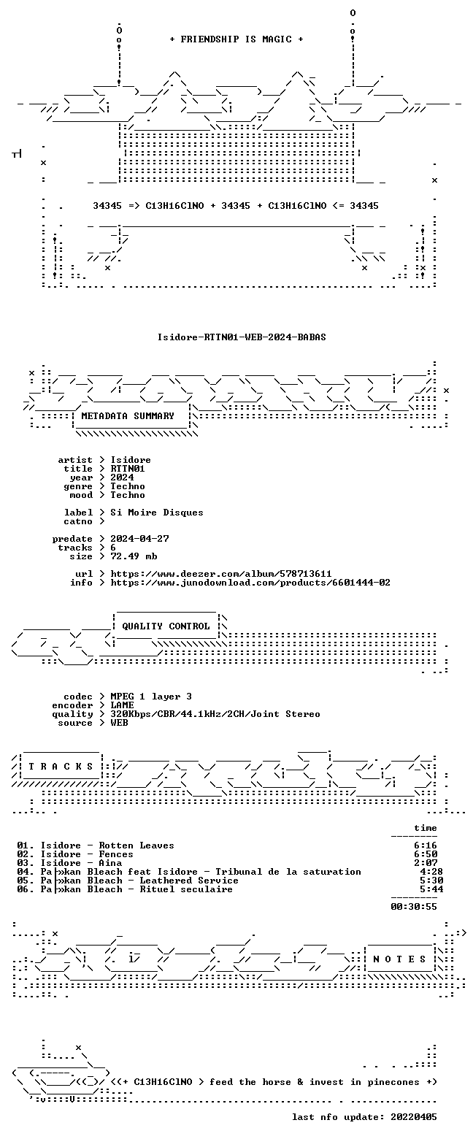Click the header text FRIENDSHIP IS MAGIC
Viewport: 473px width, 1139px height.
[236, 39]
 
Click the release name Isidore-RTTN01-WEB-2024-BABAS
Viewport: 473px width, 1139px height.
[242, 337]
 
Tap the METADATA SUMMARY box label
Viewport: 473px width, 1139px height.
[128, 416]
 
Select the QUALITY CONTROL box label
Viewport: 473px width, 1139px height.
[166, 626]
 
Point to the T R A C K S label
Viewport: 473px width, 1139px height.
[61, 767]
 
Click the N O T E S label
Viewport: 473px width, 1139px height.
[399, 959]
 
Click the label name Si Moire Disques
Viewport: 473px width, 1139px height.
[157, 513]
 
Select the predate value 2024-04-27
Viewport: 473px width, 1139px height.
[140, 539]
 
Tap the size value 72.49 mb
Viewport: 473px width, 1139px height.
[134, 556]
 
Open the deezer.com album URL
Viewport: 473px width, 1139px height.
[221, 574]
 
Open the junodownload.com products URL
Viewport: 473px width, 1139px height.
[250, 583]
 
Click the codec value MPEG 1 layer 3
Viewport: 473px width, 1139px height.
[151, 697]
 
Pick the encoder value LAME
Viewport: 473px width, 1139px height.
[122, 705]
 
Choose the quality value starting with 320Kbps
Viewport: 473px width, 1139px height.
[215, 714]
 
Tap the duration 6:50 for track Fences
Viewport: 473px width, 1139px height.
[426, 854]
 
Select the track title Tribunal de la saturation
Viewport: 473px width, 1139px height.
[288, 872]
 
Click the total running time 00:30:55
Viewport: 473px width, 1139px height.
[414, 907]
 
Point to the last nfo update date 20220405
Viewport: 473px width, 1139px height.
[414, 1117]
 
